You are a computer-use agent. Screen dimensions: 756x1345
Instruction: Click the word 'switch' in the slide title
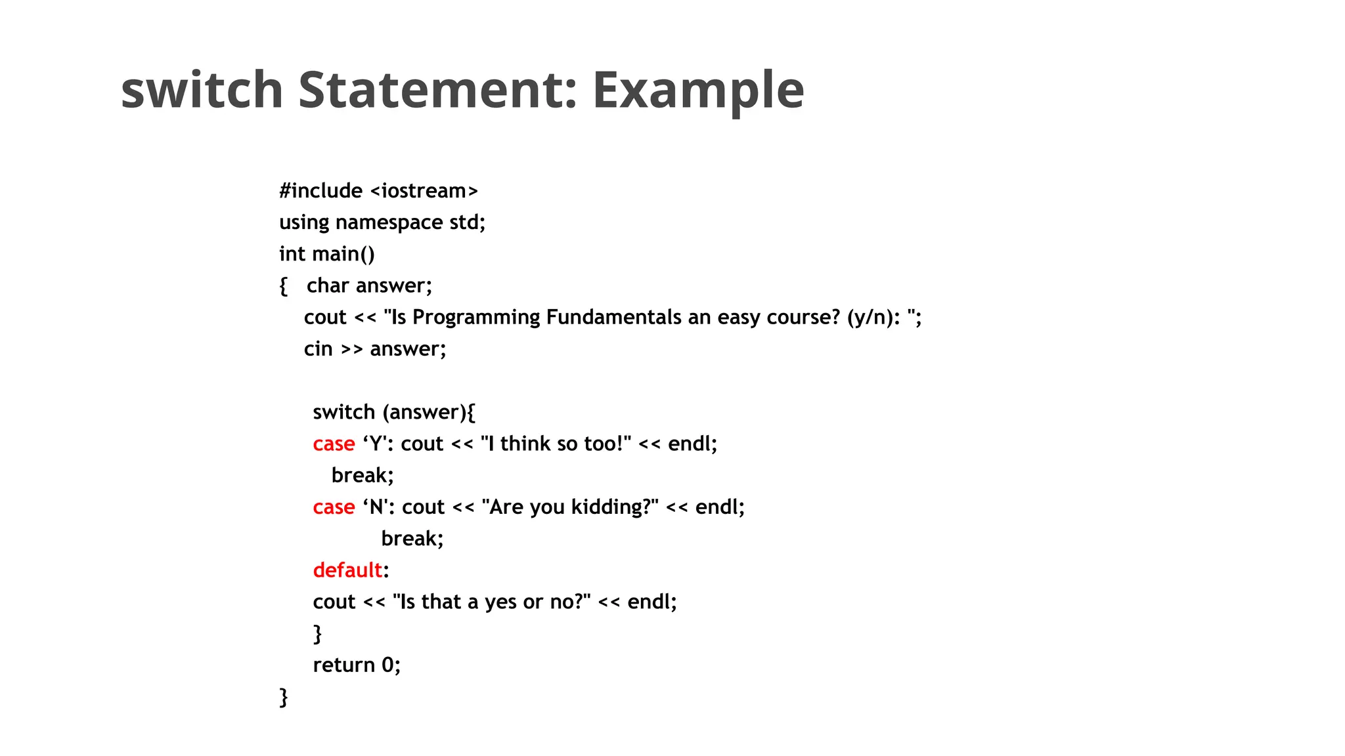click(202, 90)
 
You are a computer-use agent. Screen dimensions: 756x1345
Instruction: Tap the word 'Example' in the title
click(698, 91)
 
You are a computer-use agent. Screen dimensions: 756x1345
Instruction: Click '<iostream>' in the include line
click(424, 191)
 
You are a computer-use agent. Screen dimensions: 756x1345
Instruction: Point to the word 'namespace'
click(389, 223)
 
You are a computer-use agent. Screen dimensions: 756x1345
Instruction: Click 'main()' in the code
click(343, 254)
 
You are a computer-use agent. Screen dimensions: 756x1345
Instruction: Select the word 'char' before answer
click(328, 285)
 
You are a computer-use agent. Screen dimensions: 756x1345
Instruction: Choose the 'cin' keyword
click(319, 349)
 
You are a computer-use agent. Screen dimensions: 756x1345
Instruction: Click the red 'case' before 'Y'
click(334, 444)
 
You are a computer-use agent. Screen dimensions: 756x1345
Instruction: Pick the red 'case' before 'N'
click(334, 507)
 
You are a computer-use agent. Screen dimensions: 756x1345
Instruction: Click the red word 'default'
click(347, 570)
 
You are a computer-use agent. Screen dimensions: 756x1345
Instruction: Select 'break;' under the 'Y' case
click(363, 475)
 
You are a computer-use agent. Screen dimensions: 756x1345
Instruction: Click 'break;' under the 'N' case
click(412, 539)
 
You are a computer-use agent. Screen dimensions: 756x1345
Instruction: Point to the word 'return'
click(343, 665)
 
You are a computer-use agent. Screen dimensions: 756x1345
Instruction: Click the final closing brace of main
click(284, 697)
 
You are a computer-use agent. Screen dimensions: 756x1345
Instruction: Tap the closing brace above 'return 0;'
click(318, 634)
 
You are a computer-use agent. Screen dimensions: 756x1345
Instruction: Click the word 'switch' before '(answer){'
click(343, 412)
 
